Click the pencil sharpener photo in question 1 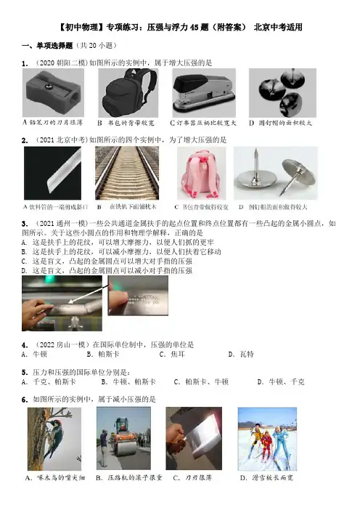(53, 92)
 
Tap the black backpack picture (128, 93)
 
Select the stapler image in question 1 (204, 93)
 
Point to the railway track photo (127, 173)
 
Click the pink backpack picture (202, 173)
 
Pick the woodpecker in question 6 (54, 439)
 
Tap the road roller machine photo (123, 439)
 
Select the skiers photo (267, 439)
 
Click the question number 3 (25, 224)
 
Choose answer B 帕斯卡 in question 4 (103, 355)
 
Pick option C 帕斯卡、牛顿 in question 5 (202, 382)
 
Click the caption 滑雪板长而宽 (267, 478)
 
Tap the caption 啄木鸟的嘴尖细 (55, 478)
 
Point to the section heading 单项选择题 (54, 46)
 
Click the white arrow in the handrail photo (89, 293)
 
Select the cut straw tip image (52, 173)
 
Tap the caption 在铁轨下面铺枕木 (133, 207)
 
